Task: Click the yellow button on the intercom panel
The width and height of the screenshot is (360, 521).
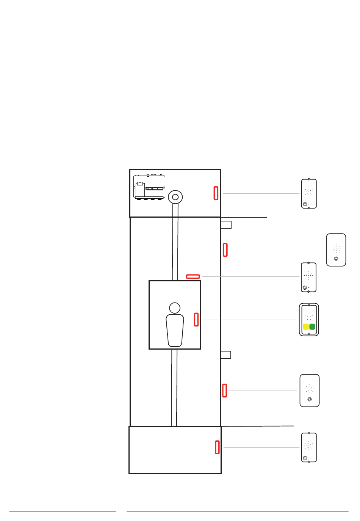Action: point(306,327)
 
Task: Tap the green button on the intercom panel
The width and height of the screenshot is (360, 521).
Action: point(312,327)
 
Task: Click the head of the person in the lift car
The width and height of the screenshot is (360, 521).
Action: point(175,308)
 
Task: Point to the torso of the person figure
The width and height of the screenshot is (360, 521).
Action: point(175,330)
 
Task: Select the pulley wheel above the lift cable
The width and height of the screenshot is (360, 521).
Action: point(175,197)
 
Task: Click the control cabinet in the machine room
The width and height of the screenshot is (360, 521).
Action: point(149,187)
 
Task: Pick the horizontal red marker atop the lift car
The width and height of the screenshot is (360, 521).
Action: point(193,276)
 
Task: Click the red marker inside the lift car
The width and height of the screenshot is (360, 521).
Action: point(196,319)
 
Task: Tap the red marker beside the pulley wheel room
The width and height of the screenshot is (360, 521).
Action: point(216,193)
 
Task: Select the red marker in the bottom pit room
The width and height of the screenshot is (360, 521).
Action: point(217,447)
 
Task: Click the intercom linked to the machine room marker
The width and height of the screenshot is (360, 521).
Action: point(309,193)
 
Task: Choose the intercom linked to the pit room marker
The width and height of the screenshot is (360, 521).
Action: point(309,447)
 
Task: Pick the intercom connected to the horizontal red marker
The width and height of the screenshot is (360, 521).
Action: point(309,277)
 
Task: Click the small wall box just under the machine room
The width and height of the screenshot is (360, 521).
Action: point(226,224)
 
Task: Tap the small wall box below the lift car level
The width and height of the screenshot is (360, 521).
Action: point(226,355)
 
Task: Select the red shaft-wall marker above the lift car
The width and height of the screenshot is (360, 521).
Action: point(225,250)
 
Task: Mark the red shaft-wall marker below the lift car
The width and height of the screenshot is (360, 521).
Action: point(225,391)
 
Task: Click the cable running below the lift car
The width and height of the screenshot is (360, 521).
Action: point(174,387)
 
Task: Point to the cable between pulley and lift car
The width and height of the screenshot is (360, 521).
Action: point(175,243)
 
